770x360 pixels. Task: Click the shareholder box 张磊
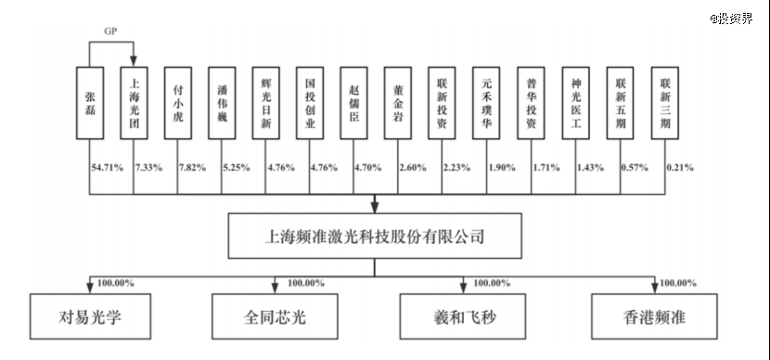(90, 103)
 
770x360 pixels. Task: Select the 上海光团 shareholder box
(134, 103)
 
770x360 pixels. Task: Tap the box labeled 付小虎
(178, 103)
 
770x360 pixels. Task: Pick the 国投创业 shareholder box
(310, 103)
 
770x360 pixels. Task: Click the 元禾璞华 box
(486, 103)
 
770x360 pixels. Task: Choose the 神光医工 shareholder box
(576, 103)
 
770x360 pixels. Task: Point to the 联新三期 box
(665, 103)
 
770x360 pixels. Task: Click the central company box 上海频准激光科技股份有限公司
(375, 236)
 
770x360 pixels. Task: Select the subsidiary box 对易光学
(90, 316)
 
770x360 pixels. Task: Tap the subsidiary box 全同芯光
(275, 316)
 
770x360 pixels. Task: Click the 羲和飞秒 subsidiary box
(463, 316)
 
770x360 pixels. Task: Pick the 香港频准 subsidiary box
(654, 316)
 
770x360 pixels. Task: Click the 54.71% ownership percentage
(107, 168)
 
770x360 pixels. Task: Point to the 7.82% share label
(194, 168)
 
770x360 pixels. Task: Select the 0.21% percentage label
(680, 168)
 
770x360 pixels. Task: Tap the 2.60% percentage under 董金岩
(414, 168)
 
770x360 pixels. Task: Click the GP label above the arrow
(111, 32)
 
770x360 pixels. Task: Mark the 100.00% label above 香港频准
(677, 283)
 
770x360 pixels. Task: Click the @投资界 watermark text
(731, 19)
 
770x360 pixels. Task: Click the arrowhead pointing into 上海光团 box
(134, 62)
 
